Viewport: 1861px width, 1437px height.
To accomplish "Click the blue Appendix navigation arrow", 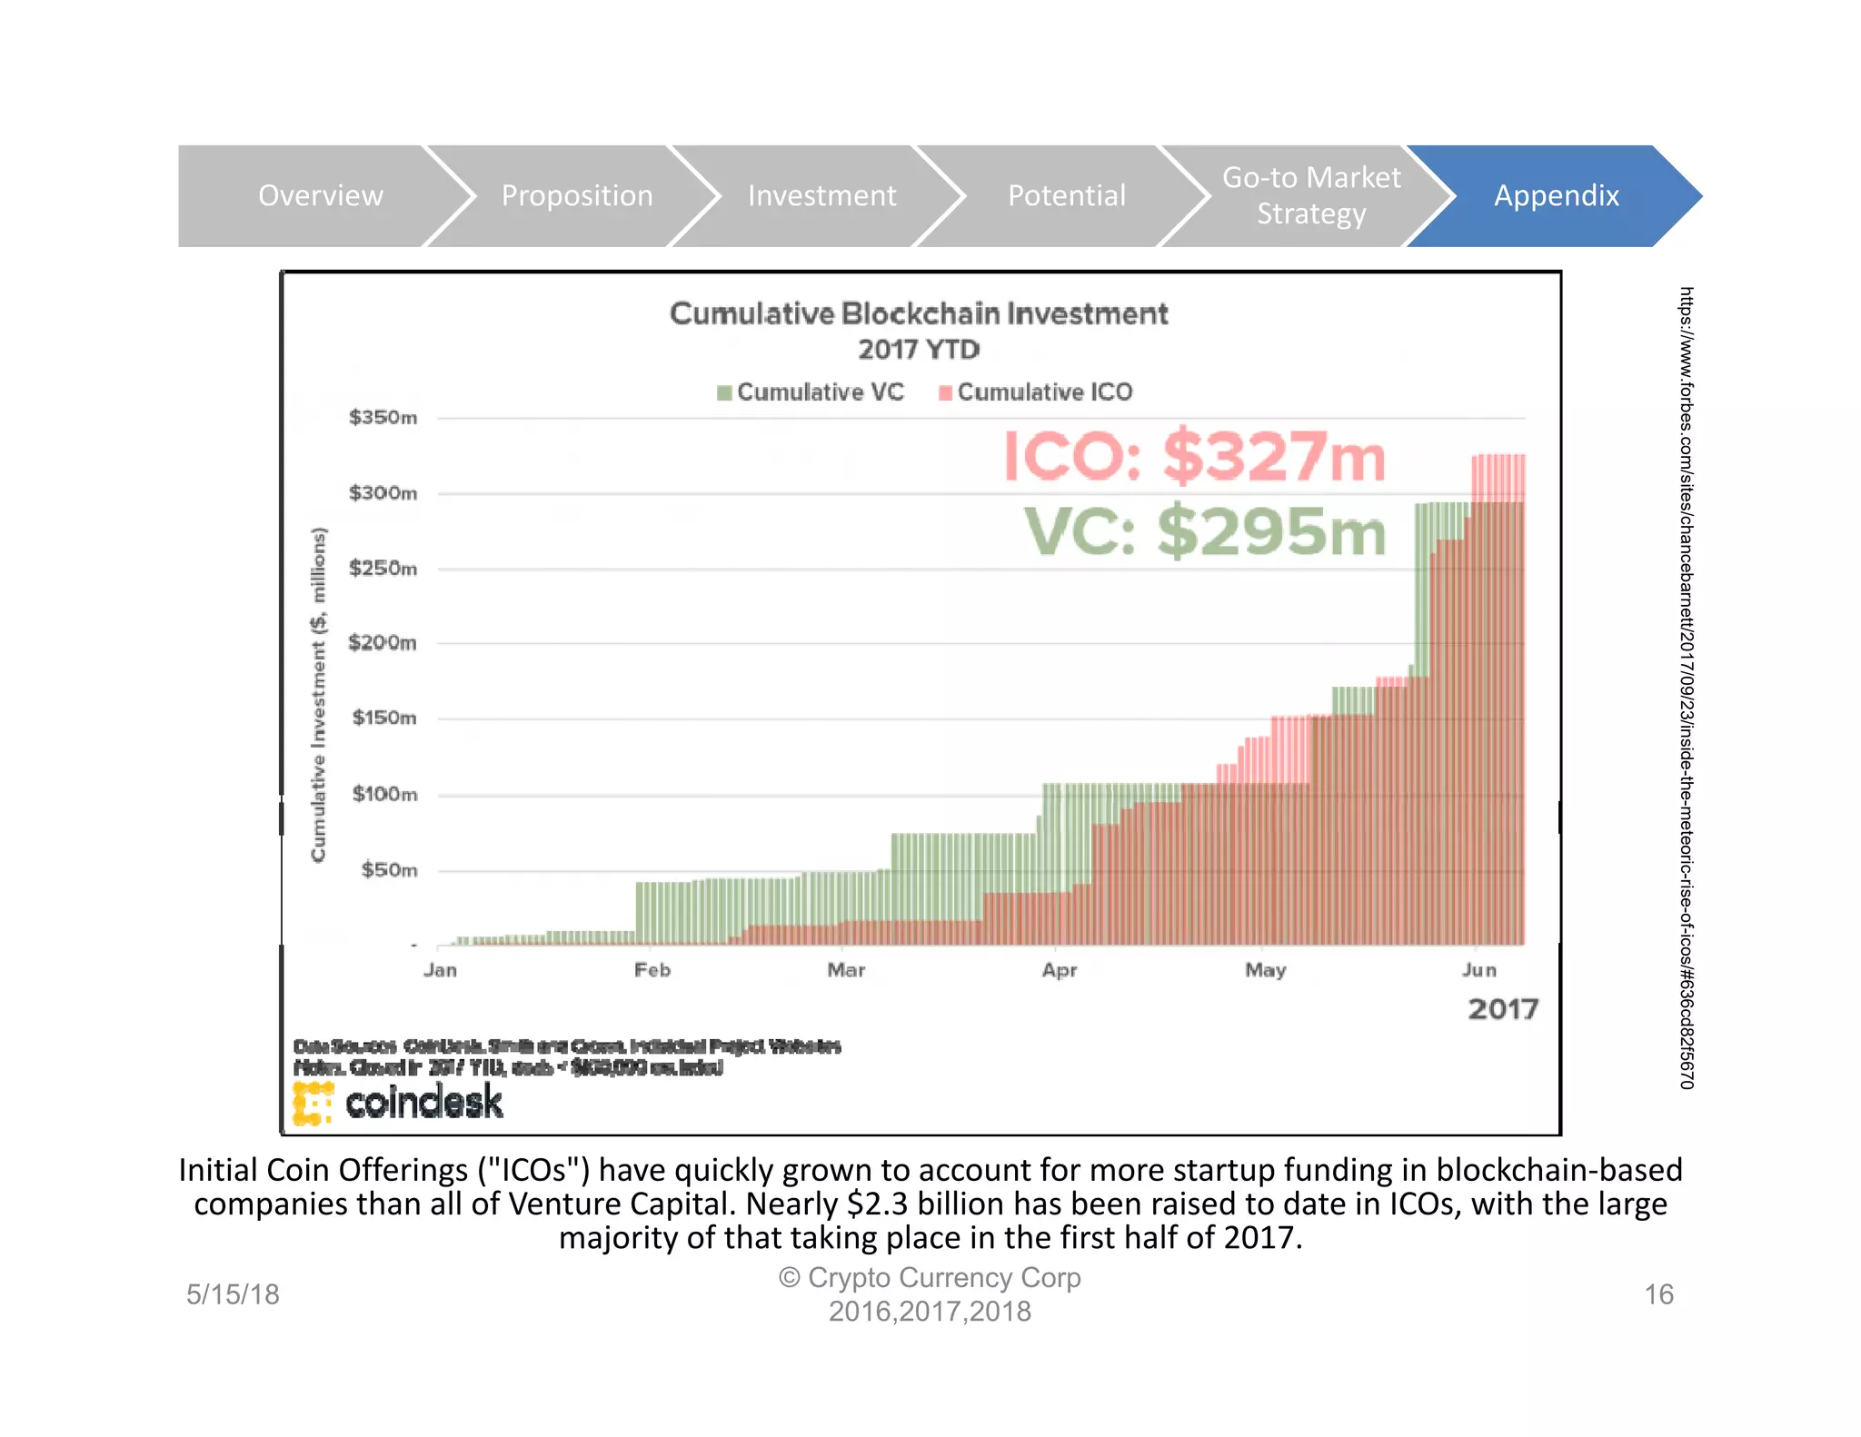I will [x=1556, y=195].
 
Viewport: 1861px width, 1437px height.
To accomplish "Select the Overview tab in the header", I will [x=320, y=195].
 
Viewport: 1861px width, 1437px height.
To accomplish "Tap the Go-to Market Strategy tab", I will [x=1310, y=195].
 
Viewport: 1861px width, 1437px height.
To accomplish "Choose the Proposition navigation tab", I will [x=576, y=195].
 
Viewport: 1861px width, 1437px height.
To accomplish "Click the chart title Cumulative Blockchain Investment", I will [x=918, y=313].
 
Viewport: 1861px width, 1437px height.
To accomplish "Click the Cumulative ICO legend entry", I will [x=1036, y=392].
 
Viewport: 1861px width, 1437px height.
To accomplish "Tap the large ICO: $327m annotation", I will [x=1194, y=456].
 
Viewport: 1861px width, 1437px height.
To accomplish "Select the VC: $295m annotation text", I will [x=1205, y=531].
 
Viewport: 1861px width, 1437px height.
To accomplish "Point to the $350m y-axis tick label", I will [x=383, y=418].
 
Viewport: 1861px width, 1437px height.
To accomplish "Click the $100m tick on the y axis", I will [x=384, y=794].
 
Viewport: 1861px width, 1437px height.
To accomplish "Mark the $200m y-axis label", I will [x=383, y=643].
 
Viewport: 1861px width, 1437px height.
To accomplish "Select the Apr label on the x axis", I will [x=1060, y=970].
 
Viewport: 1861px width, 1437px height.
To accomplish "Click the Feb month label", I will [x=652, y=970].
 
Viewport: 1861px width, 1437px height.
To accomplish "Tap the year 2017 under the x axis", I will [x=1503, y=1009].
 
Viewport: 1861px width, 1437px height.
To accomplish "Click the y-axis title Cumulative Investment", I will [x=318, y=695].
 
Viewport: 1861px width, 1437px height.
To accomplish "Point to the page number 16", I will [x=1658, y=1294].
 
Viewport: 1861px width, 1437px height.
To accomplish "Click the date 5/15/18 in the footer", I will [x=233, y=1294].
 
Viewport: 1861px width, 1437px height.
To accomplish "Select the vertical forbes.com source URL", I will [x=1686, y=688].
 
